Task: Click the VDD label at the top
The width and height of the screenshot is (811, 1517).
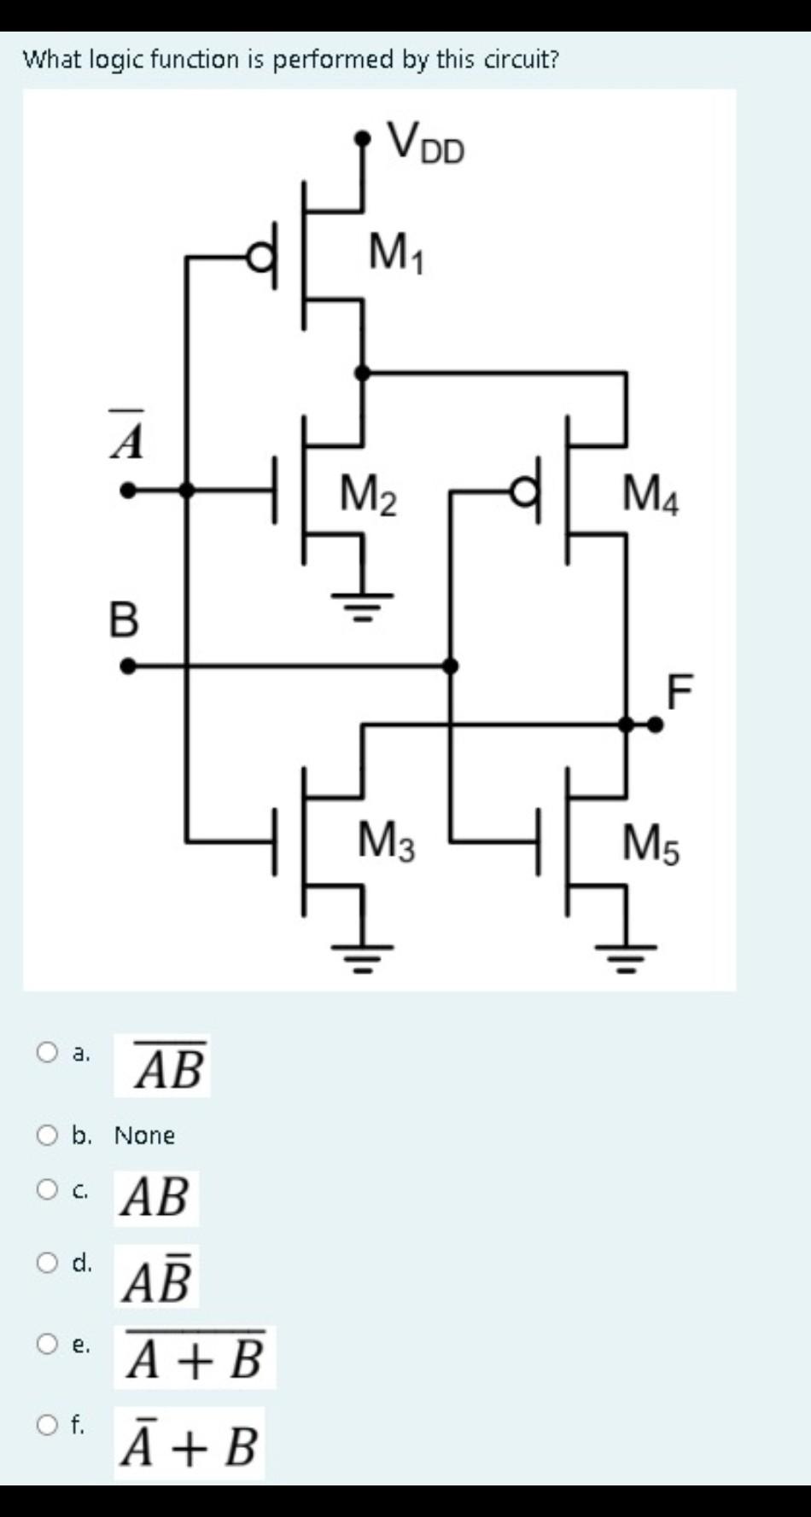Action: [426, 143]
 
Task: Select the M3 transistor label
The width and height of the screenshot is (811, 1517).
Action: [386, 841]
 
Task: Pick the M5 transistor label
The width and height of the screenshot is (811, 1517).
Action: [651, 845]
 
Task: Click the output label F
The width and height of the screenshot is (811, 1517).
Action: [680, 691]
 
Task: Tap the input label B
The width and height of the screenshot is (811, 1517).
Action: [124, 619]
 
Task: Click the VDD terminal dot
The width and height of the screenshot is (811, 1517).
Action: [364, 137]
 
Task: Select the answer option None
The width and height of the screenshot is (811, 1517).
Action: [144, 1136]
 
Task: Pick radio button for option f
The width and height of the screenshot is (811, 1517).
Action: [47, 1424]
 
